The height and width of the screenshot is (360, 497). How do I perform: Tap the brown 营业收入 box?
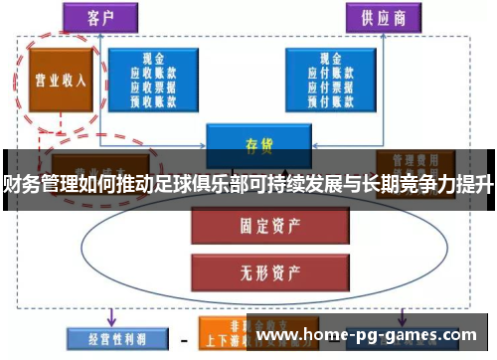coord(55,82)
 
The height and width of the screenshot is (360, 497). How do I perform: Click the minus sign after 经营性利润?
coord(183,336)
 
